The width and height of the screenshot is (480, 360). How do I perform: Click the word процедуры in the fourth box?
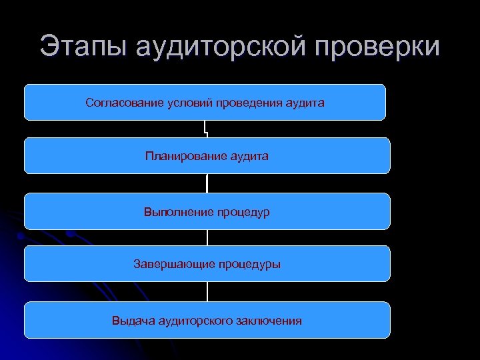point(245,265)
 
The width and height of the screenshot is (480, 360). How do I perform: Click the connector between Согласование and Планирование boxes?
point(207,129)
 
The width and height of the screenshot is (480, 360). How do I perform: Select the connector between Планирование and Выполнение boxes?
point(207,183)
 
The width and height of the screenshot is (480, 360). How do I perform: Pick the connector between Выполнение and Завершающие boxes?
point(207,237)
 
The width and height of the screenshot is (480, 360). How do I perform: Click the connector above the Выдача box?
point(207,291)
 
